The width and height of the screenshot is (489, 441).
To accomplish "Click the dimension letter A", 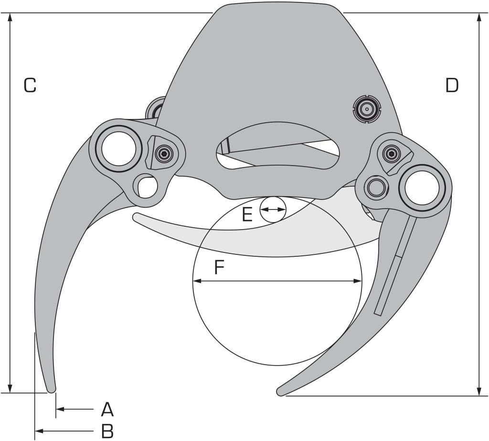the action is (107, 409).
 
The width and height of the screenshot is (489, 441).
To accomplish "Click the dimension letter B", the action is (107, 431).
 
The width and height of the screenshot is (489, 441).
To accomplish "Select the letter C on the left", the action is (30, 85).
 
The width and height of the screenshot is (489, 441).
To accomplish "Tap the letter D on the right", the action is (452, 85).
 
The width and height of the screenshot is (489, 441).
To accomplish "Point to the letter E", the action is (247, 214).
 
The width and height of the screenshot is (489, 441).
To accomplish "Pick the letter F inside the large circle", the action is (220, 267).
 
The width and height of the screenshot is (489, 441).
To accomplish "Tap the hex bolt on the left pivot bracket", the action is (164, 153).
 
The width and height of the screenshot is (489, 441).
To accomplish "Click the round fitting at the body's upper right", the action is (366, 109).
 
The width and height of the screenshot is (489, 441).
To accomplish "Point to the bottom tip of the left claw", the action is (52, 390).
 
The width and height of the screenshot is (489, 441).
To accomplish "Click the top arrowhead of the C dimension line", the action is (11, 17).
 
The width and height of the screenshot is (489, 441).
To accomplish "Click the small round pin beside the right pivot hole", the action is (376, 187).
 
